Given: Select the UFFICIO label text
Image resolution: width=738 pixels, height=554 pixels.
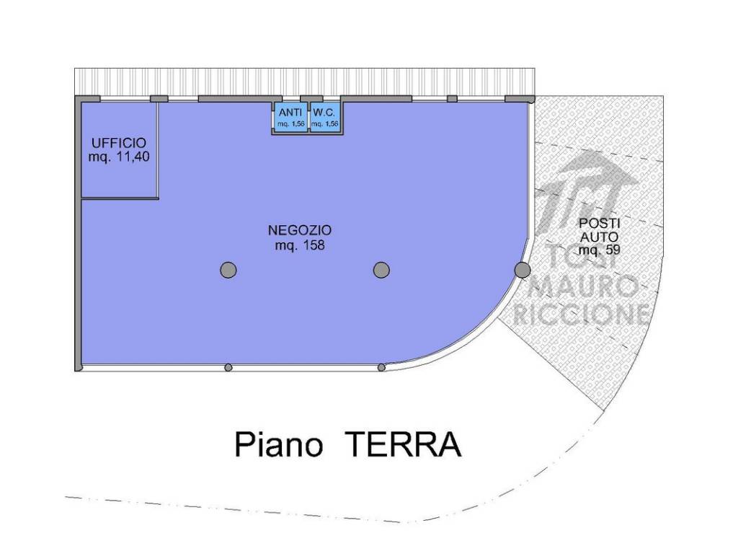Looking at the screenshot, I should pyautogui.click(x=119, y=143).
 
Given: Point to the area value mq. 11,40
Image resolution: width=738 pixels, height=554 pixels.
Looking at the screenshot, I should pyautogui.click(x=119, y=157).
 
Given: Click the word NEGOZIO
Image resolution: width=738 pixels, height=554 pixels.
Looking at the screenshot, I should pyautogui.click(x=300, y=231).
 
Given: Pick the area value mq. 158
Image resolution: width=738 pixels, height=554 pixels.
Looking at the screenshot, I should pyautogui.click(x=300, y=246).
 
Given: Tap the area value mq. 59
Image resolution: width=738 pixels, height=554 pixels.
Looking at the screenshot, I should pyautogui.click(x=600, y=250).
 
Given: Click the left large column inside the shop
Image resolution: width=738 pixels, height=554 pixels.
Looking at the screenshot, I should pyautogui.click(x=228, y=270).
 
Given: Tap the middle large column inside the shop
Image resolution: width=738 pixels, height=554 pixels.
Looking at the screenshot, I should pyautogui.click(x=381, y=270).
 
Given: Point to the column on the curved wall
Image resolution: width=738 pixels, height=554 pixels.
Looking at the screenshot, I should pyautogui.click(x=523, y=270).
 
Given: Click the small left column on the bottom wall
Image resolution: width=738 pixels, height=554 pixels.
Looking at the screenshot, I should pyautogui.click(x=228, y=368).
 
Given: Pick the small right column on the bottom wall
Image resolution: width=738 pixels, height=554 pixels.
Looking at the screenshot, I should pyautogui.click(x=381, y=368).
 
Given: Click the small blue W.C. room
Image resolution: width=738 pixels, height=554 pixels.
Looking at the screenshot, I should pyautogui.click(x=324, y=118).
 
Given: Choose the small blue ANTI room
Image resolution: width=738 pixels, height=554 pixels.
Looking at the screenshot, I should pyautogui.click(x=290, y=118).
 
